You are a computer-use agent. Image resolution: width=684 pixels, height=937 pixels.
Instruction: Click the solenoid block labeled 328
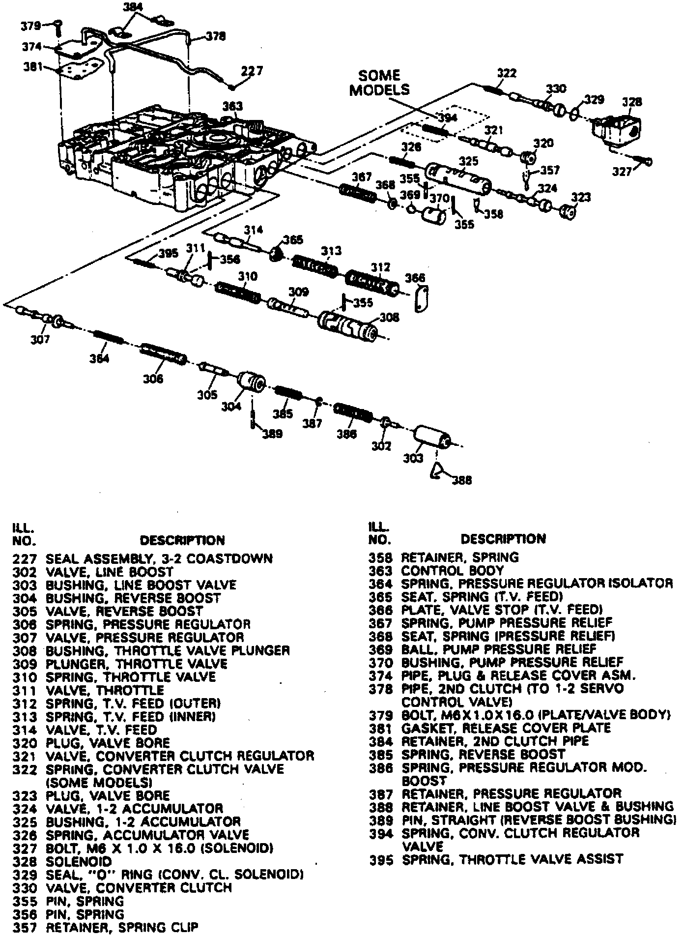click(617, 129)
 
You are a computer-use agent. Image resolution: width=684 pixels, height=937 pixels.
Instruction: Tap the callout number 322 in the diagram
click(507, 73)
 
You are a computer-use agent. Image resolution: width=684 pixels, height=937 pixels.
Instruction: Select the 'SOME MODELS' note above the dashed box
click(379, 83)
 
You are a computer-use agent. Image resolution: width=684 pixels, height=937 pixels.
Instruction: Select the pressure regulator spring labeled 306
click(163, 354)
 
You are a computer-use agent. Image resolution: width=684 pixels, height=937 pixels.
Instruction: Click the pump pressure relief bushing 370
click(433, 215)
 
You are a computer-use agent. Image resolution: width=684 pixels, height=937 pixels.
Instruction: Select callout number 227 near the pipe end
click(252, 71)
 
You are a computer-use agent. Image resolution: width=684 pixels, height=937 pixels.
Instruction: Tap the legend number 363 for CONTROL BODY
click(381, 571)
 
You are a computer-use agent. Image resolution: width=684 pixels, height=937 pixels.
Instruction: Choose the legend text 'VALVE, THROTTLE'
click(105, 690)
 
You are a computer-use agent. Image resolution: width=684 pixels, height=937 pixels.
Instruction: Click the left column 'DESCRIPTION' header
click(182, 540)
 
